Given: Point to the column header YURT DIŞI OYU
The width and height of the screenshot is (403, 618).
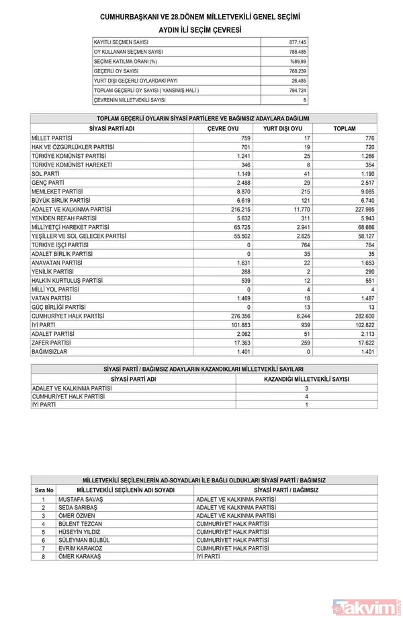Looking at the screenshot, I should coord(282,128).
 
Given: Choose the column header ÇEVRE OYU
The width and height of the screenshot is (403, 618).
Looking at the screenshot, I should coord(223,128).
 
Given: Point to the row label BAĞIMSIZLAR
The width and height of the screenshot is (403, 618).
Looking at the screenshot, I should coord(50,351).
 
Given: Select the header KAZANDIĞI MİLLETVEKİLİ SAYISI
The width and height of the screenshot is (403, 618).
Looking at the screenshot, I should coord(306,379).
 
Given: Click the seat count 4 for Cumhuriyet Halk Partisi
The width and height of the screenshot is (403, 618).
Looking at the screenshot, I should coord(306,396).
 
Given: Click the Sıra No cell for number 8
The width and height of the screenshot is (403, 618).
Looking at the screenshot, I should coord(44,557).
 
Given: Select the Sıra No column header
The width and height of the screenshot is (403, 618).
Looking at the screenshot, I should coord(44,490).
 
